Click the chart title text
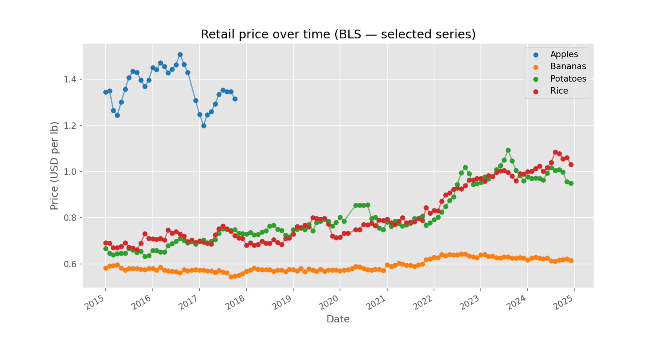338,34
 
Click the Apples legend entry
564,54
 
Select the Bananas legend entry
568,67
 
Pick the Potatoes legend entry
568,79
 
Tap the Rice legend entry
559,91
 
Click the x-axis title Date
338,319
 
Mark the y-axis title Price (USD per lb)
54,165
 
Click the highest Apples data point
180,54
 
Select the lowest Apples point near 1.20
204,126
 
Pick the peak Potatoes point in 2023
508,150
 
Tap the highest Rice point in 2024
555,152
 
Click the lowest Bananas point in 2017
231,277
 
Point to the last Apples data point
235,99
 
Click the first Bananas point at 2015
106,268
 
